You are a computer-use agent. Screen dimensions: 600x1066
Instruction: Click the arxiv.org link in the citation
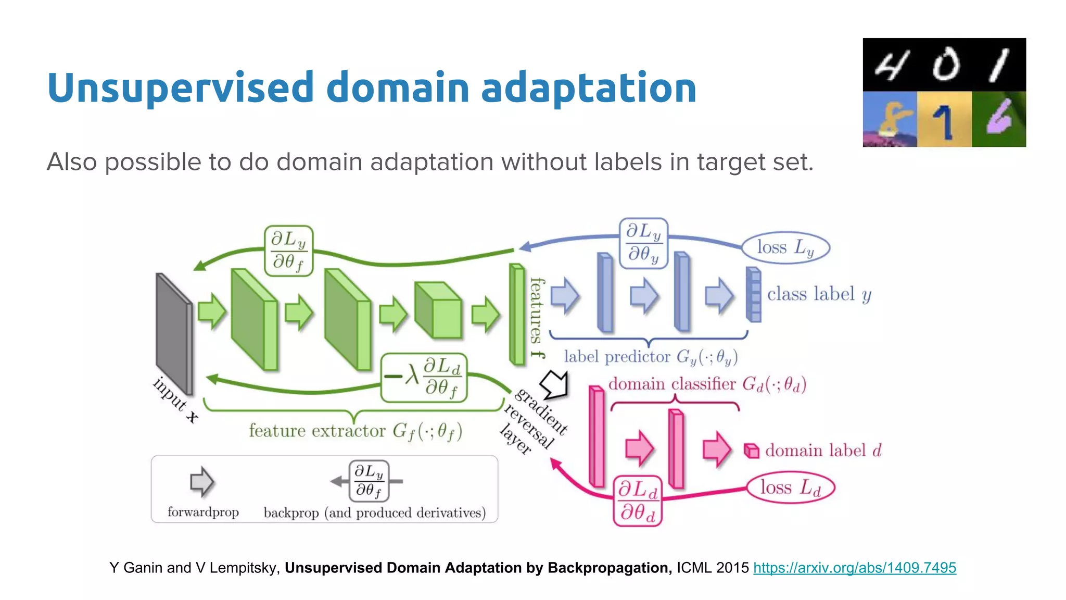[x=854, y=568]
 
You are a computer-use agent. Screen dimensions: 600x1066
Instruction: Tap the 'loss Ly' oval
[x=785, y=247]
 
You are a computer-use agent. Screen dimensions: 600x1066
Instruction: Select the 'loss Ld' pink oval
[x=790, y=488]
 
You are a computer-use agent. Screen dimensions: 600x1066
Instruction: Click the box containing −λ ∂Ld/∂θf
[x=424, y=378]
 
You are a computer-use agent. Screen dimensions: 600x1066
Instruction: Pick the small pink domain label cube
[x=751, y=451]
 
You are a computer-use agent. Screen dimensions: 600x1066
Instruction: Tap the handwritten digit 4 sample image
[x=890, y=65]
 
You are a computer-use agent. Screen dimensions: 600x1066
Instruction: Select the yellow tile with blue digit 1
[x=944, y=119]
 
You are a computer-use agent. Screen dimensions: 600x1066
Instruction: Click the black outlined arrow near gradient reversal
[x=555, y=384]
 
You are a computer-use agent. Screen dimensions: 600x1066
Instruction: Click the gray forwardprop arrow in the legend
[x=201, y=482]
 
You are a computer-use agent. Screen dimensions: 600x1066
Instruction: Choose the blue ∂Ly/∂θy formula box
[x=643, y=243]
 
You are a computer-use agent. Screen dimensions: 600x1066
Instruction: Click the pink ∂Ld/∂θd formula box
[x=638, y=501]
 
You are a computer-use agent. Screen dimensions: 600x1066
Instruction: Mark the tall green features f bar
[x=517, y=314]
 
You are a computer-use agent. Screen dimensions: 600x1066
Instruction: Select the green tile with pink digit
[x=998, y=119]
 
